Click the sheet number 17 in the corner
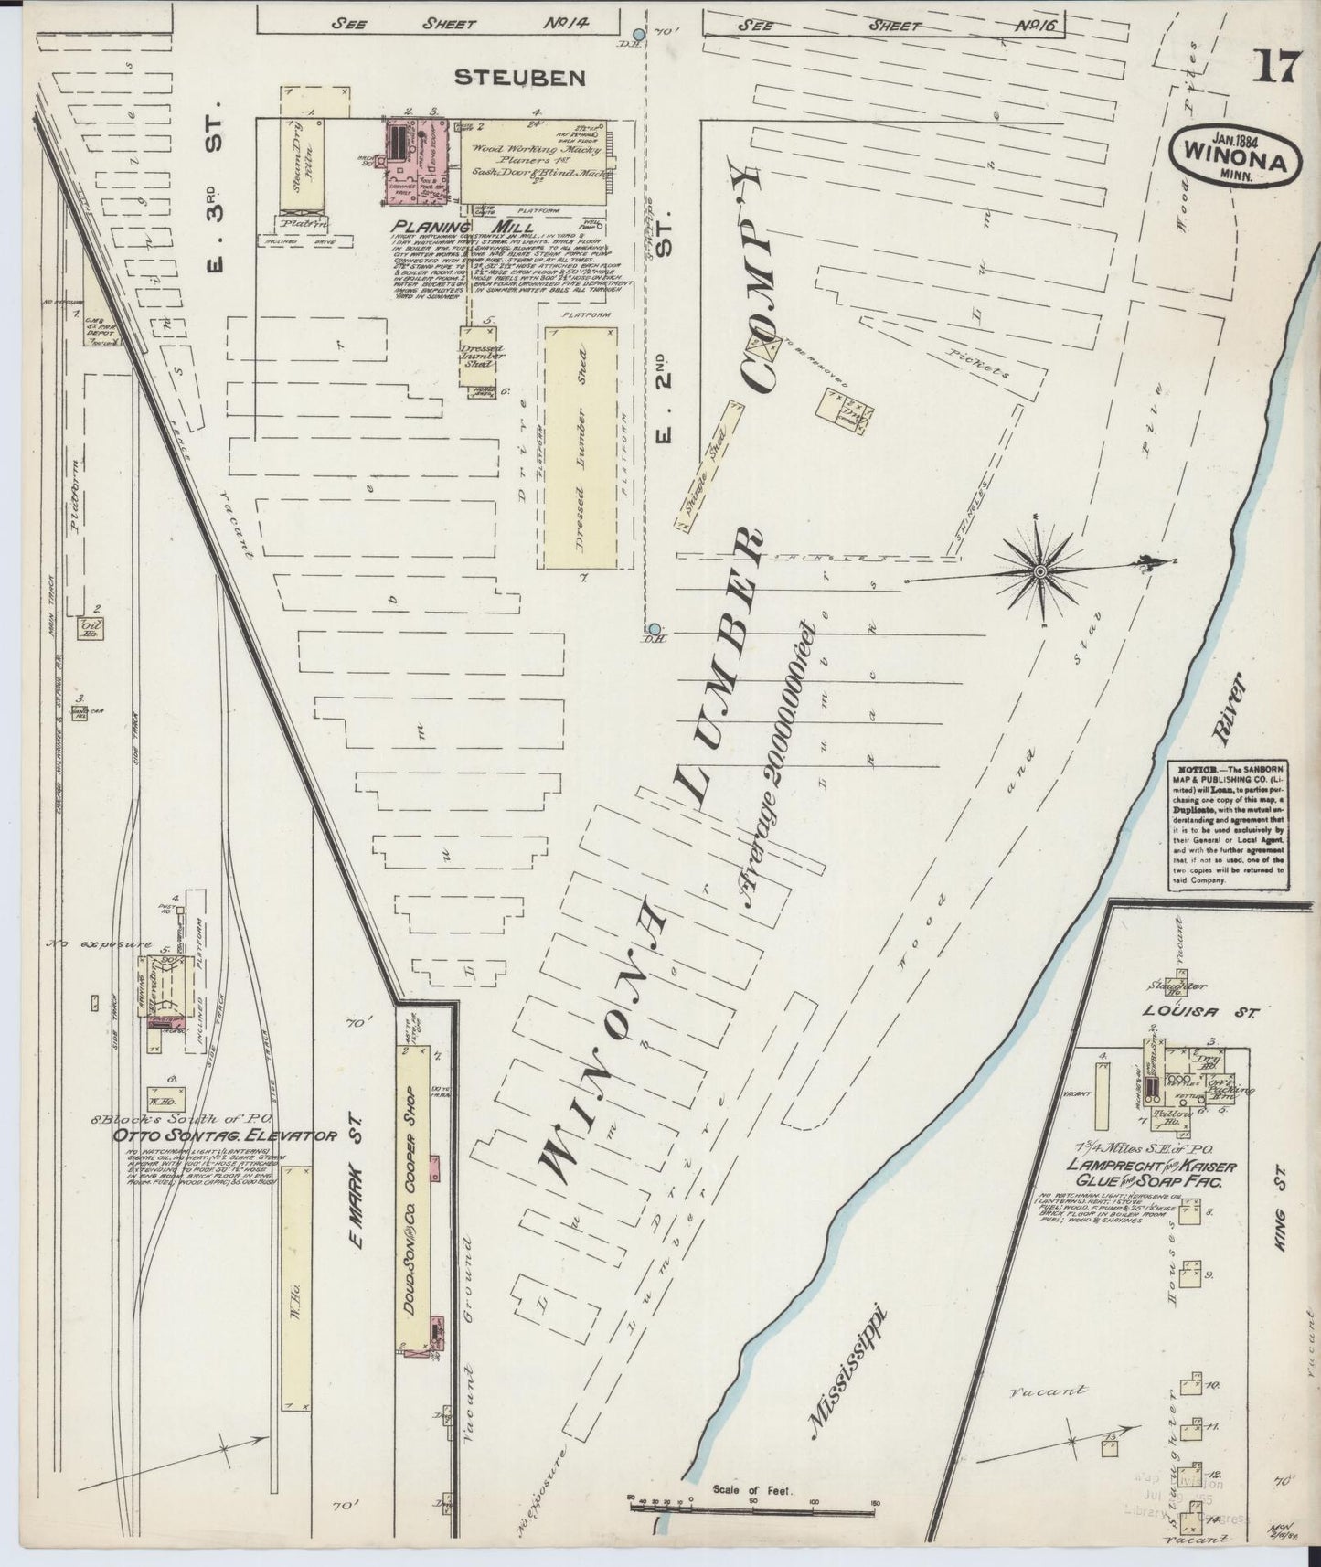tap(1273, 67)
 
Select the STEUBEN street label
tap(521, 78)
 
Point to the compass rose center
tap(1039, 570)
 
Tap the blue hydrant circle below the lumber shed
tap(655, 629)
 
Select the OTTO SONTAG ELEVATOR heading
tap(225, 1136)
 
